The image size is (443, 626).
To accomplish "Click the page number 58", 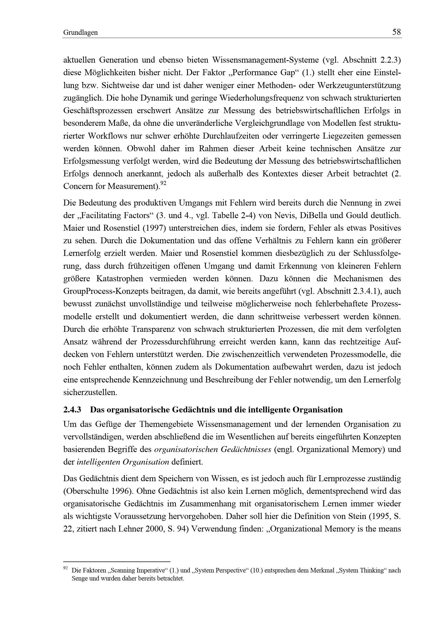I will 396,32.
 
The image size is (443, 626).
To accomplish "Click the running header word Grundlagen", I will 80,33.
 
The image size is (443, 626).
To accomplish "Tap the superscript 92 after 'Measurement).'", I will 163,184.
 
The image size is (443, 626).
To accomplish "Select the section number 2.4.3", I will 72,410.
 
